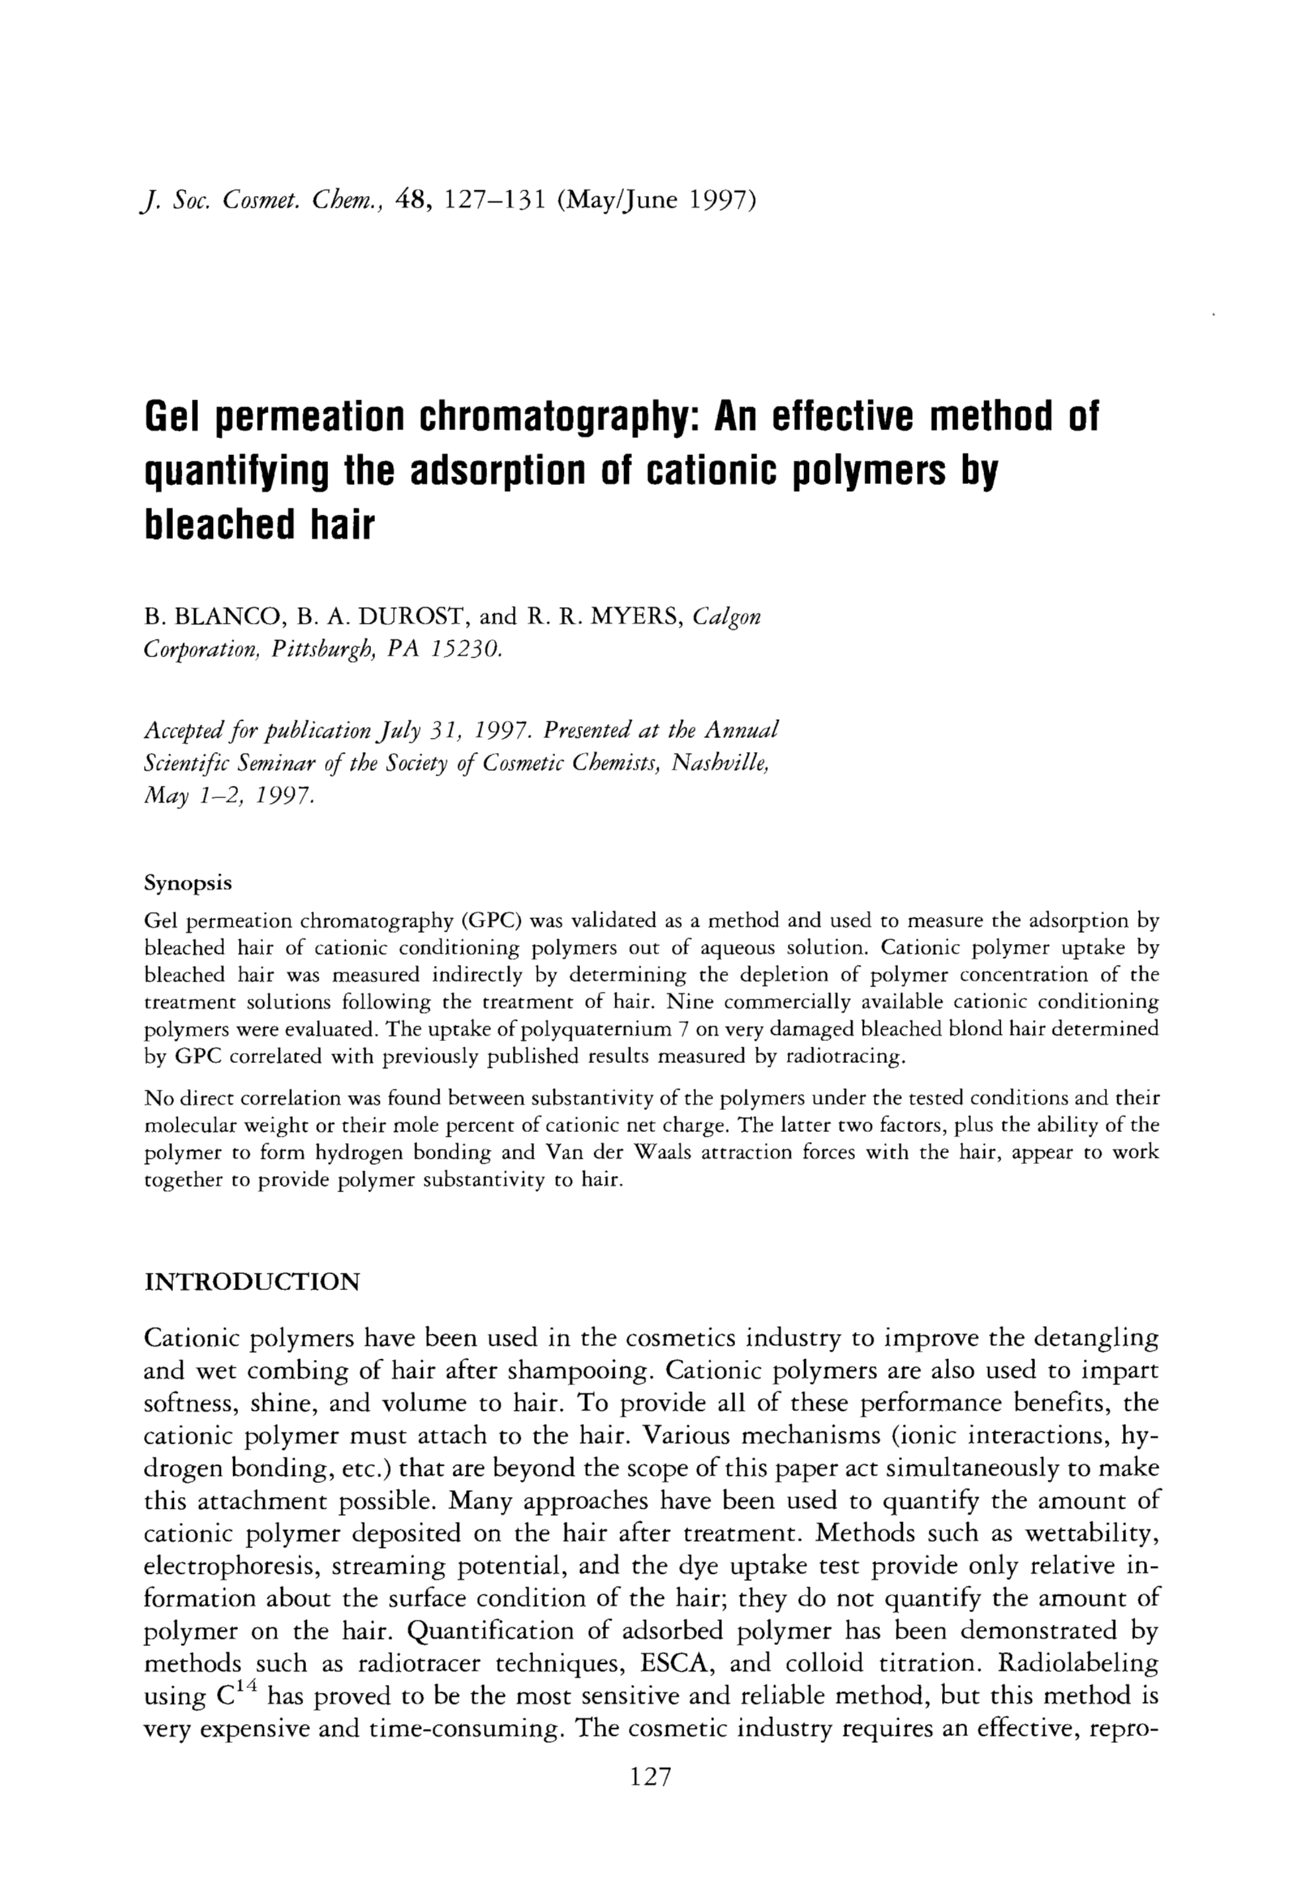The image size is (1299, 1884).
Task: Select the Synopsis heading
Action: [188, 884]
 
